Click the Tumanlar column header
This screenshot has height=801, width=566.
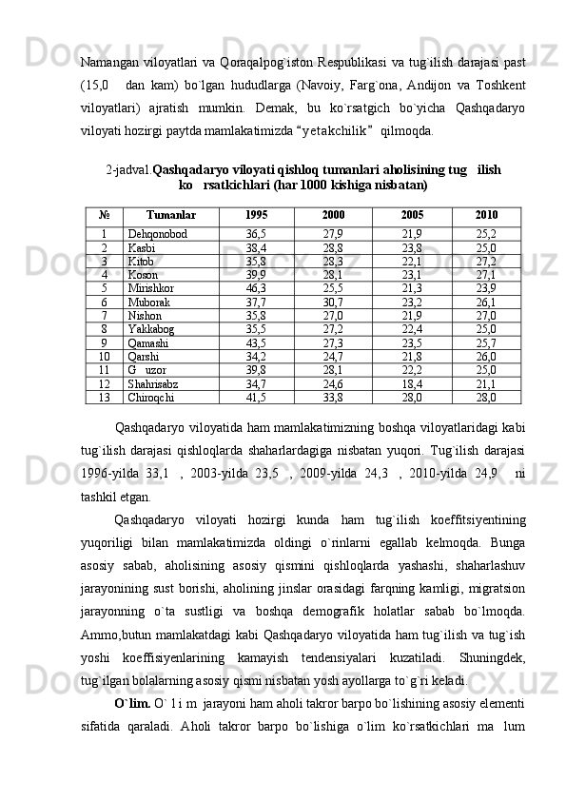(171, 215)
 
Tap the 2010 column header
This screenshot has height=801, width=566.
(486, 215)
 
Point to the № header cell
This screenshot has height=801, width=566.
(103, 215)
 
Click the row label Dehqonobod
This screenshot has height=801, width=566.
(157, 233)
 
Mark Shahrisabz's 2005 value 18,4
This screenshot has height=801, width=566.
(412, 383)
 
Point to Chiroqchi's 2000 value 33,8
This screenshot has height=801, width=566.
(333, 398)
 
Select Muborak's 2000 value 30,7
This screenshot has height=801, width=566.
(333, 302)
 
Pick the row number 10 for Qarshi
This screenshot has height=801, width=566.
(103, 357)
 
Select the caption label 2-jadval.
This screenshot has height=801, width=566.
(128, 168)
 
